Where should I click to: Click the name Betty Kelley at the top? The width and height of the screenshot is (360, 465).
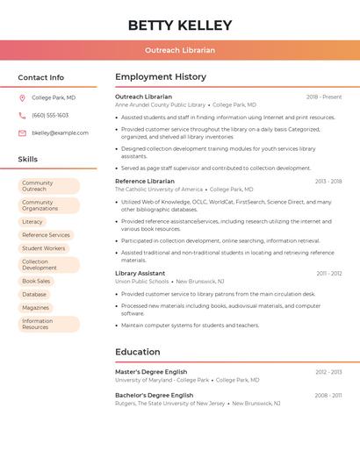(180, 25)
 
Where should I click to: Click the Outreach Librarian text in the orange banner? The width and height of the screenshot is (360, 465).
(180, 50)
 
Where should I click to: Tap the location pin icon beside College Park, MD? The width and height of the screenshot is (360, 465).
(22, 98)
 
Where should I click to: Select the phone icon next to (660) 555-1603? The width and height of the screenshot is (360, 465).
(22, 116)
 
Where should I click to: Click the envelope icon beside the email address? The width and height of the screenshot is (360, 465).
(22, 133)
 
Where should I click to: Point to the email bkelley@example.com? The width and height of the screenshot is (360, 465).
(60, 133)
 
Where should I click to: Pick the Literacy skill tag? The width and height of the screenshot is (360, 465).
(32, 222)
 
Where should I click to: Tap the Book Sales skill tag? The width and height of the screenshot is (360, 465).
(37, 281)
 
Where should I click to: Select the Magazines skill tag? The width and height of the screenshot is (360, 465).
(36, 307)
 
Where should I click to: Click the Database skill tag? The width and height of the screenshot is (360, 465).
(34, 294)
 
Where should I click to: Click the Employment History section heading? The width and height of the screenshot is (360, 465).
(161, 76)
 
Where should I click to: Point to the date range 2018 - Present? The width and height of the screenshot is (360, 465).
(324, 97)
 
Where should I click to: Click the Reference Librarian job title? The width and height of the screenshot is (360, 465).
(145, 181)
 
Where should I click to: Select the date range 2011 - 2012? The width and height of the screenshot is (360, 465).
(329, 273)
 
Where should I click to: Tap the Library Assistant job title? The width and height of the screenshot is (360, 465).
(140, 273)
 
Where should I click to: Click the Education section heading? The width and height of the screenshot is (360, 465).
(138, 352)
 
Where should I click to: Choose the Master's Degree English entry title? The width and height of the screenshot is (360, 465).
(151, 372)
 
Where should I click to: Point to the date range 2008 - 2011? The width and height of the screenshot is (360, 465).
(328, 396)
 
